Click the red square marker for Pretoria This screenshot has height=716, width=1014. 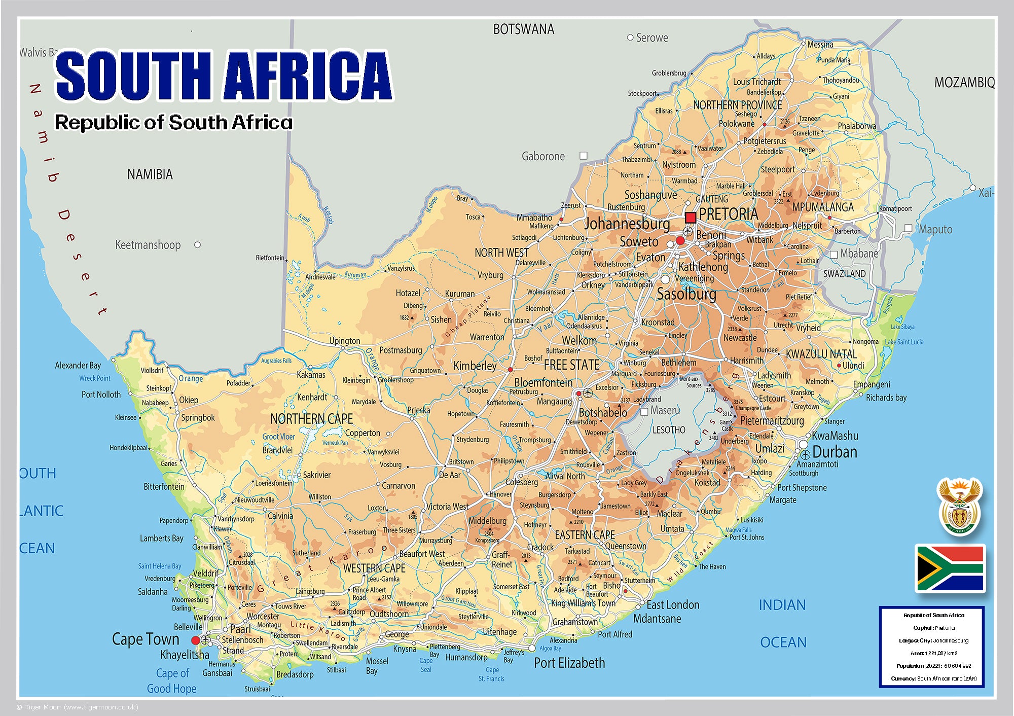pyautogui.click(x=690, y=218)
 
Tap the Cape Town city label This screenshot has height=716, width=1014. pyautogui.click(x=146, y=639)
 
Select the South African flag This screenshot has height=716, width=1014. pyautogui.click(x=950, y=568)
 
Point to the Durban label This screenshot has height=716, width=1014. pyautogui.click(x=835, y=452)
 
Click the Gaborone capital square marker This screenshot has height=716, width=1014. pyautogui.click(x=584, y=156)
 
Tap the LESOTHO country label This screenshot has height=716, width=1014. pyautogui.click(x=669, y=430)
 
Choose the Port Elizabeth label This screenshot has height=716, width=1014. pyautogui.click(x=569, y=663)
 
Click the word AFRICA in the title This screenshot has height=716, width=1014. pyautogui.click(x=308, y=76)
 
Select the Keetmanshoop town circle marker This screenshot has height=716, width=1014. pyautogui.click(x=198, y=245)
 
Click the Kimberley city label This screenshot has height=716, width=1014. pyautogui.click(x=475, y=366)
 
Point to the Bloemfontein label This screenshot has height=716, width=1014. pyautogui.click(x=543, y=382)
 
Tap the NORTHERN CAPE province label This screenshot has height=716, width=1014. pyautogui.click(x=311, y=419)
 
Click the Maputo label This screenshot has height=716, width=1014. pyautogui.click(x=935, y=229)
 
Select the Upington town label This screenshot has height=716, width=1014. pyautogui.click(x=345, y=341)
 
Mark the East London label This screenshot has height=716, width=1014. pyautogui.click(x=672, y=604)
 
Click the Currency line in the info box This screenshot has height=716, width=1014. pyautogui.click(x=933, y=678)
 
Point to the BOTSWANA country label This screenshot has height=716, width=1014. pyautogui.click(x=524, y=29)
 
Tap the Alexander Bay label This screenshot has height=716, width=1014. pyautogui.click(x=78, y=365)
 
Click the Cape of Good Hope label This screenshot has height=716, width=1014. pyautogui.click(x=172, y=681)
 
